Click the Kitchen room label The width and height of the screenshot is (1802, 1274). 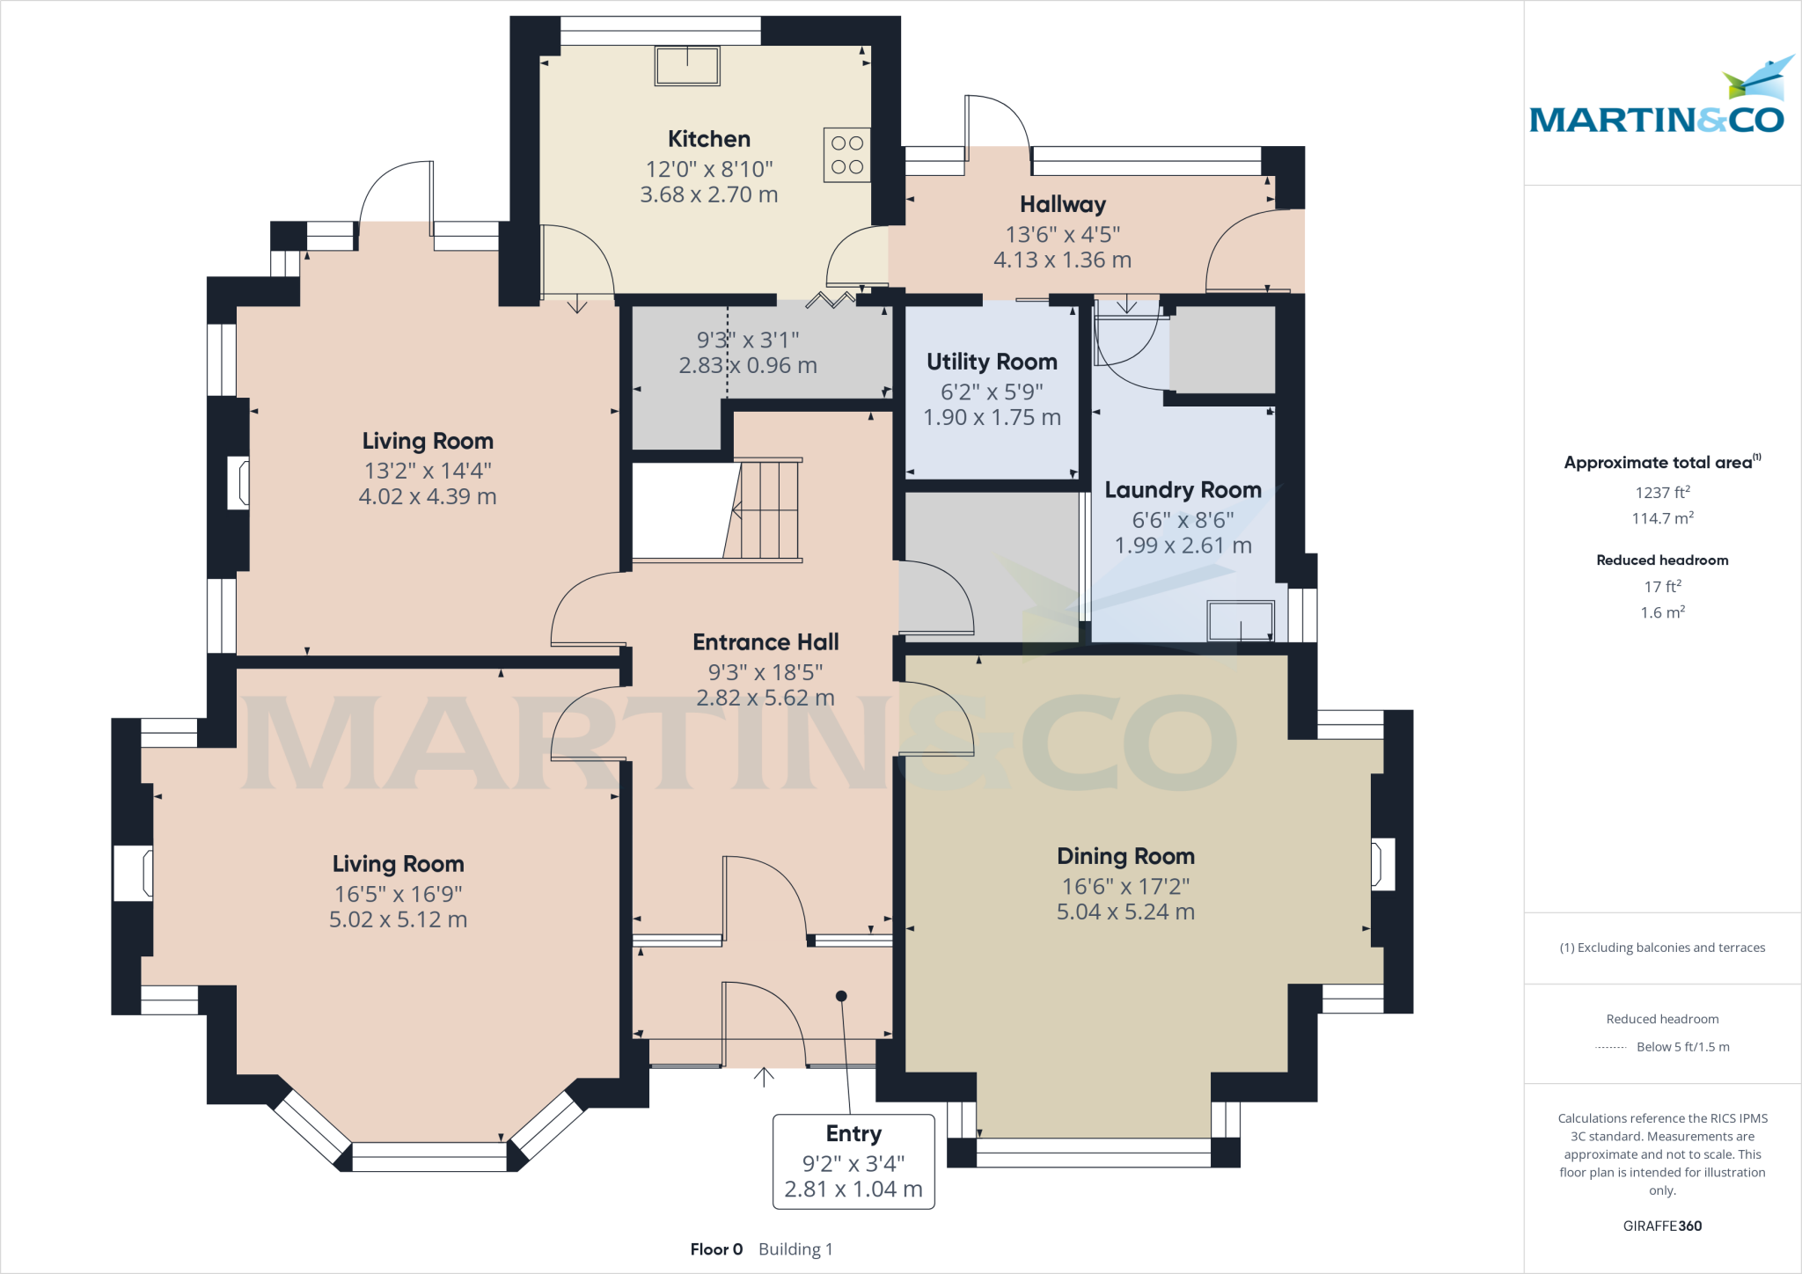tap(708, 139)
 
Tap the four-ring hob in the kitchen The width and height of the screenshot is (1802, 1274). tap(846, 155)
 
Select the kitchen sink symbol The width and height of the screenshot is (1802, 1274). tap(687, 66)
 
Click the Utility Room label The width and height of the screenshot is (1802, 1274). tap(992, 362)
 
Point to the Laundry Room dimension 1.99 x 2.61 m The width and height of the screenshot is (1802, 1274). tap(1183, 545)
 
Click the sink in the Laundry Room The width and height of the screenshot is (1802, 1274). tap(1241, 620)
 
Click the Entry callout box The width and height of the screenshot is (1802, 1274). tap(853, 1161)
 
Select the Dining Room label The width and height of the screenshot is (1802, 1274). tap(1125, 856)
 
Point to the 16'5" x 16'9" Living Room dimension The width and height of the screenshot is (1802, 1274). tap(398, 894)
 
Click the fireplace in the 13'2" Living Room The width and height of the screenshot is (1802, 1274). tap(238, 482)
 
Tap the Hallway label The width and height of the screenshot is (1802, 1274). tap(1062, 204)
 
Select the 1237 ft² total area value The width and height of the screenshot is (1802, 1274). tap(1662, 493)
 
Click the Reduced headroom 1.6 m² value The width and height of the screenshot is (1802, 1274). tap(1662, 612)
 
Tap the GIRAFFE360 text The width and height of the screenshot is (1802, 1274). tap(1662, 1226)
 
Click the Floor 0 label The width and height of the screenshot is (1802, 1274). tap(716, 1249)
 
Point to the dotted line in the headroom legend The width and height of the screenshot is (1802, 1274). tap(1610, 1047)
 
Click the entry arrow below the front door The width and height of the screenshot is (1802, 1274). tap(764, 1077)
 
